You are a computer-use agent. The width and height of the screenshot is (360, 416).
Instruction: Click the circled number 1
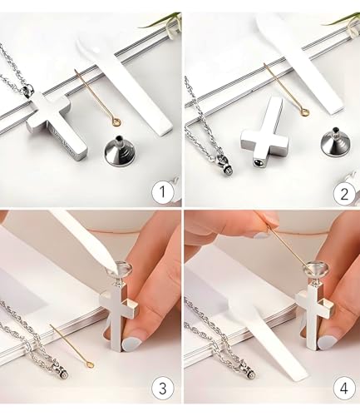pyautogui.click(x=163, y=192)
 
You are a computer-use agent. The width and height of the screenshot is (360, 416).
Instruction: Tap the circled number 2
pyautogui.click(x=344, y=193)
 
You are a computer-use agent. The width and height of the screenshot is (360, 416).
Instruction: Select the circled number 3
pyautogui.click(x=163, y=389)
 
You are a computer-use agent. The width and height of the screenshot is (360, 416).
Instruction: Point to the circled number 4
pyautogui.click(x=344, y=389)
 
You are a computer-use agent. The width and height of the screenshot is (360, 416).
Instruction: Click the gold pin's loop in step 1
pyautogui.click(x=117, y=121)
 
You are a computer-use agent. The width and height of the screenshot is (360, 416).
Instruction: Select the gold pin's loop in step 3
pyautogui.click(x=90, y=365)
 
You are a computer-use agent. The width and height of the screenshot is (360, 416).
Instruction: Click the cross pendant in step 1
pyautogui.click(x=57, y=122)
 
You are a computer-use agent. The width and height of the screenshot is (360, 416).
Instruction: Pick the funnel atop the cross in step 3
pyautogui.click(x=121, y=272)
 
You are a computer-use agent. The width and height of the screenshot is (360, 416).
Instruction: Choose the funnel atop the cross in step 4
pyautogui.click(x=316, y=271)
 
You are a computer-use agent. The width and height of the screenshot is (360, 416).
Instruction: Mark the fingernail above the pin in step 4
pyautogui.click(x=262, y=235)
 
